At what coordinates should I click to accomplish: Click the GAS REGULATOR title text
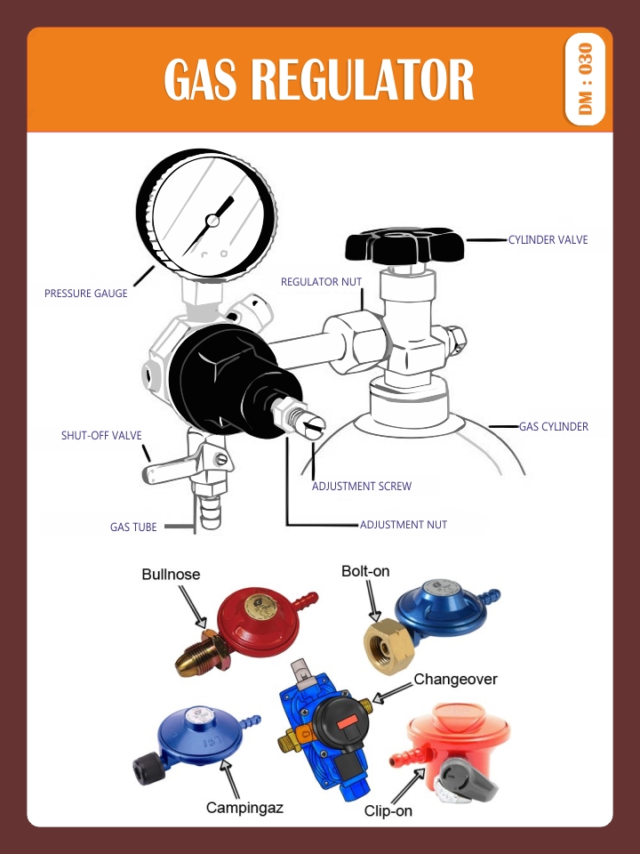pyautogui.click(x=319, y=81)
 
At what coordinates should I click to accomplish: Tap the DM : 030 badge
pyautogui.click(x=585, y=79)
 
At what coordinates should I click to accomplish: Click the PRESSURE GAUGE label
pyautogui.click(x=86, y=294)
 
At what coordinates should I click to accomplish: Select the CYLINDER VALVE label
pyautogui.click(x=548, y=240)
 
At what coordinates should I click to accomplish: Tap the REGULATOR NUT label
pyautogui.click(x=321, y=282)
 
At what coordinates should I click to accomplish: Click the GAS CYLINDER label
pyautogui.click(x=553, y=427)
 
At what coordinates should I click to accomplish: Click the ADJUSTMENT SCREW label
pyautogui.click(x=361, y=487)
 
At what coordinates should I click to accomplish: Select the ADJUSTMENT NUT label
pyautogui.click(x=403, y=525)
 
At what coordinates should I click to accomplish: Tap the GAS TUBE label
pyautogui.click(x=133, y=528)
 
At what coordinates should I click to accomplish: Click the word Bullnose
pyautogui.click(x=171, y=575)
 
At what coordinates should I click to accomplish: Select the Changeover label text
pyautogui.click(x=455, y=680)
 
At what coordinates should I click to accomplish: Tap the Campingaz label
pyautogui.click(x=244, y=808)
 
